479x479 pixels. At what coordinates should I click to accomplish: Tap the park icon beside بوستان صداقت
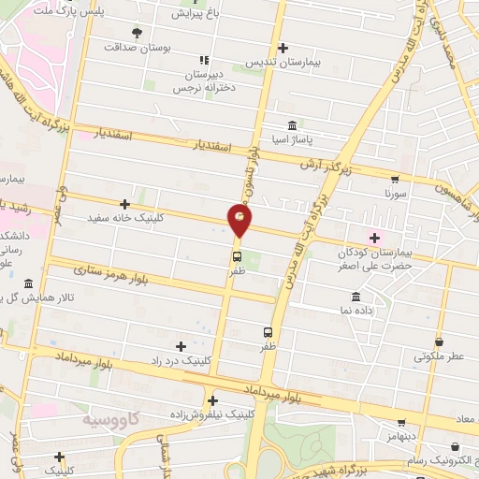pos(138,32)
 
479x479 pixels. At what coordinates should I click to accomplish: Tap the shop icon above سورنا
pos(394,181)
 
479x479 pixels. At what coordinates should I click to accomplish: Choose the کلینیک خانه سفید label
pos(123,217)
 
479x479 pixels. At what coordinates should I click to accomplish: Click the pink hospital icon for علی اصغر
pos(375,238)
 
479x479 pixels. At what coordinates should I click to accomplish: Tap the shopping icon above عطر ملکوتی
pos(439,342)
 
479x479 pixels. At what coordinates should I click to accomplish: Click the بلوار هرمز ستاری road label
pos(113,274)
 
